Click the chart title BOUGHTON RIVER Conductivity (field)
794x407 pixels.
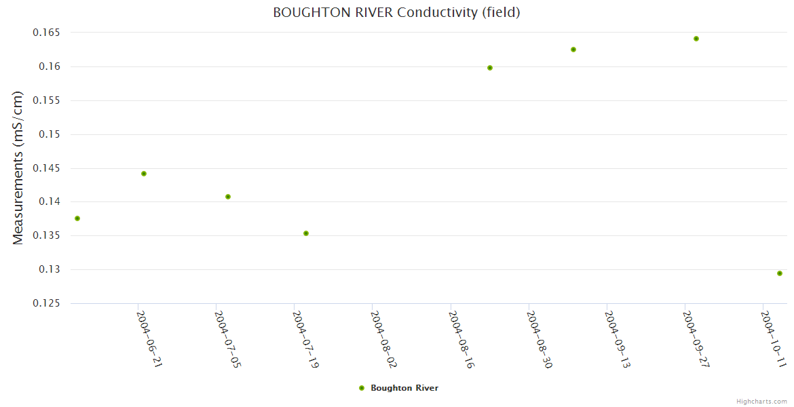[x=396, y=12]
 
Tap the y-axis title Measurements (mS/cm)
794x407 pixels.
[x=18, y=168]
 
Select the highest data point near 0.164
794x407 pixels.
[x=696, y=39]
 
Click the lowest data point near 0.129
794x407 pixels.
[x=780, y=273]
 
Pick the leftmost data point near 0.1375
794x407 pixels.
[x=77, y=218]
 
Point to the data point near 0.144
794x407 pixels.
[x=144, y=174]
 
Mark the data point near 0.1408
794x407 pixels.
[x=228, y=197]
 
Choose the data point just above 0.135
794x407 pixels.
[x=306, y=233]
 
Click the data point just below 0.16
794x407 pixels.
[x=490, y=68]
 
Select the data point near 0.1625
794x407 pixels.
[x=573, y=50]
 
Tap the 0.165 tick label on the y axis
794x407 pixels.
[x=46, y=33]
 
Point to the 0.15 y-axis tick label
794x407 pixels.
[x=50, y=134]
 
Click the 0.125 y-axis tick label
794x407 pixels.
[x=46, y=303]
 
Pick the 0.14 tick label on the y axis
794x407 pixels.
[x=50, y=202]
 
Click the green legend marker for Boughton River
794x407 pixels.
[x=362, y=388]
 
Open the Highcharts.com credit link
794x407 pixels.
[x=761, y=402]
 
